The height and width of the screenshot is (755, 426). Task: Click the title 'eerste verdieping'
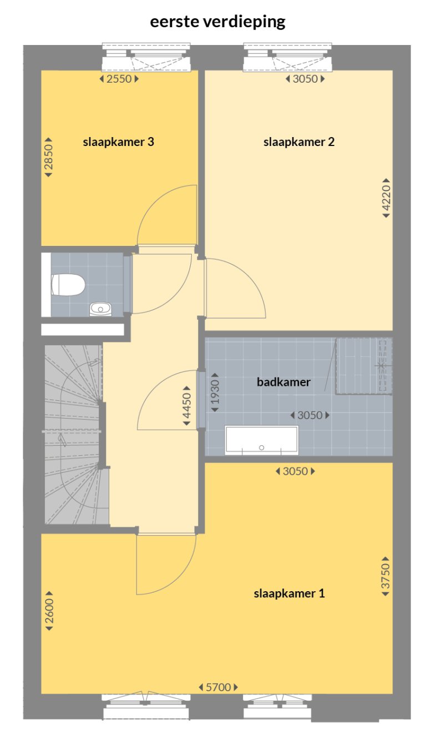tap(217, 22)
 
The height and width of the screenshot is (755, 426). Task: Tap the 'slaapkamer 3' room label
tap(118, 142)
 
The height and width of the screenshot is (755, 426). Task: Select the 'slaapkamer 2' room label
tap(299, 142)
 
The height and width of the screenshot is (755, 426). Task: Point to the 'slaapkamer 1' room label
tap(289, 594)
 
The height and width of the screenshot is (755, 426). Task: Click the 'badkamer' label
tap(283, 382)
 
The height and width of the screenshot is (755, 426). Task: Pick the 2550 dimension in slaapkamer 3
tap(119, 79)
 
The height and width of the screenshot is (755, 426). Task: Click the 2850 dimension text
tap(48, 157)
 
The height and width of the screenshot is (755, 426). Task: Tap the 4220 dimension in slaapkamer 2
tap(387, 198)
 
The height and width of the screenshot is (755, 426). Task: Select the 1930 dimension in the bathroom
tap(215, 391)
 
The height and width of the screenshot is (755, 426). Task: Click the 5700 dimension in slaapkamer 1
tap(218, 687)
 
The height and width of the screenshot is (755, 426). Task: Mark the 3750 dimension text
tap(386, 576)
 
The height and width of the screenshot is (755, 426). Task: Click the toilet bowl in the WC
tap(68, 285)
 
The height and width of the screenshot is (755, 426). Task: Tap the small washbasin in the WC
tap(100, 308)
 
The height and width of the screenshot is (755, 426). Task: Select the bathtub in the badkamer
tap(261, 440)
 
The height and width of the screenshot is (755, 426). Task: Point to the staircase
tap(72, 433)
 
